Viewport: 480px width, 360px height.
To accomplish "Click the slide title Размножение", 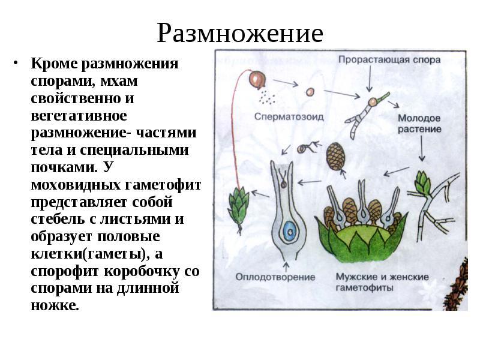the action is point(240,34).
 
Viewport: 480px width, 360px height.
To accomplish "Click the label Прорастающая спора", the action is point(389,59).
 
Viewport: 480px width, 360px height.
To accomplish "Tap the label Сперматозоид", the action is point(289,116).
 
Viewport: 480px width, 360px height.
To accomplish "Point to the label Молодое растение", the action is point(419,124).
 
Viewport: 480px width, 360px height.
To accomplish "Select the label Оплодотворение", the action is point(275,277).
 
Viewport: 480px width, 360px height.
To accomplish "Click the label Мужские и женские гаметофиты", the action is point(382,282).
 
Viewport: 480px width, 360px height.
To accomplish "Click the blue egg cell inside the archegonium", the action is point(289,231).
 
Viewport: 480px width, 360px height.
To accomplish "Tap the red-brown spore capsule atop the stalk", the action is point(257,79).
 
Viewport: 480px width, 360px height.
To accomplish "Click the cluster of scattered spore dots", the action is point(267,98).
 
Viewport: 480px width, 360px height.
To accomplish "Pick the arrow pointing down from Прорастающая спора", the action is point(370,79).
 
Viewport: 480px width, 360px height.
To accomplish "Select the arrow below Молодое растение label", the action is point(422,148).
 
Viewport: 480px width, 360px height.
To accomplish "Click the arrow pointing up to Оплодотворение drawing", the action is point(286,266).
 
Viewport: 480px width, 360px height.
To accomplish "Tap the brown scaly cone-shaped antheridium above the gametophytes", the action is point(336,156).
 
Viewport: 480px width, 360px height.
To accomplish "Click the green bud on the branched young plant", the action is point(423,182).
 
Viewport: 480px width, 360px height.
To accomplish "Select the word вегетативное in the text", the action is point(79,116).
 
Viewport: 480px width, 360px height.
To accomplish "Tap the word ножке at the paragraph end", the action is point(55,305).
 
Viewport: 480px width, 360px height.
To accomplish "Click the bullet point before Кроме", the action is point(16,64).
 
